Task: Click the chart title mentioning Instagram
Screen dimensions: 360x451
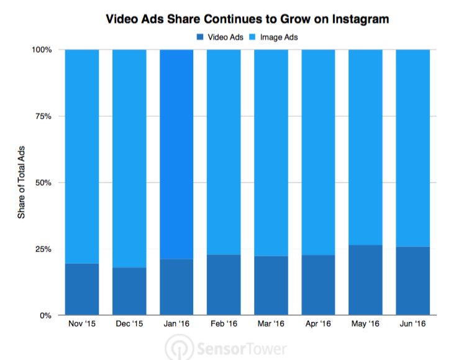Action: tap(247, 19)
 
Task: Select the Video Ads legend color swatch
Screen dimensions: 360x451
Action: tap(201, 37)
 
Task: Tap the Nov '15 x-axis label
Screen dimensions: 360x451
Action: tap(82, 324)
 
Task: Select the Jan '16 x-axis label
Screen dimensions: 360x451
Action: tap(176, 324)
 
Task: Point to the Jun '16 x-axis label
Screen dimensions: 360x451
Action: tap(412, 324)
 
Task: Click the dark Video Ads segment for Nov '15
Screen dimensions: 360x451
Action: tap(82, 289)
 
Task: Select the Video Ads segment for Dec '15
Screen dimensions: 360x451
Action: tap(129, 292)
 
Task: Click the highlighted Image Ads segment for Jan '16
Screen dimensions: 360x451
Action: tap(176, 154)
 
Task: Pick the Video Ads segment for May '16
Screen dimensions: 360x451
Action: tap(365, 280)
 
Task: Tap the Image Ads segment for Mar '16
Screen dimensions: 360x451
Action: tap(271, 153)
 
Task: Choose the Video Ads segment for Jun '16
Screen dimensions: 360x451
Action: tap(412, 281)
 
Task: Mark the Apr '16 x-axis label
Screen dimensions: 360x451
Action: tap(318, 324)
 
